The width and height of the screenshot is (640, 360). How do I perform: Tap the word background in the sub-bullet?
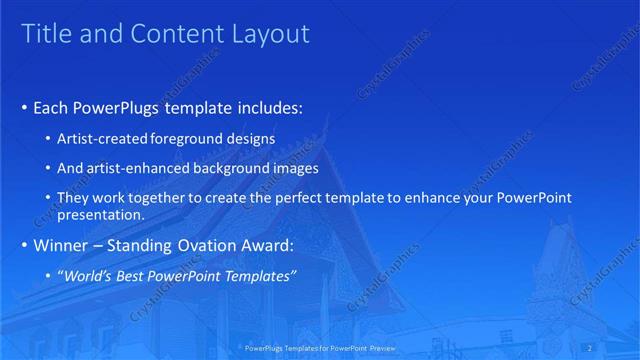(234, 168)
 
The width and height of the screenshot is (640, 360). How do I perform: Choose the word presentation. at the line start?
(103, 214)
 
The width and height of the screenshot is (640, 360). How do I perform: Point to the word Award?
(266, 244)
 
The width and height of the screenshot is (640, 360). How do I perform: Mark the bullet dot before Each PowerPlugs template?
(25, 108)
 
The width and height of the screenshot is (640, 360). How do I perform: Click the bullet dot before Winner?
(25, 244)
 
